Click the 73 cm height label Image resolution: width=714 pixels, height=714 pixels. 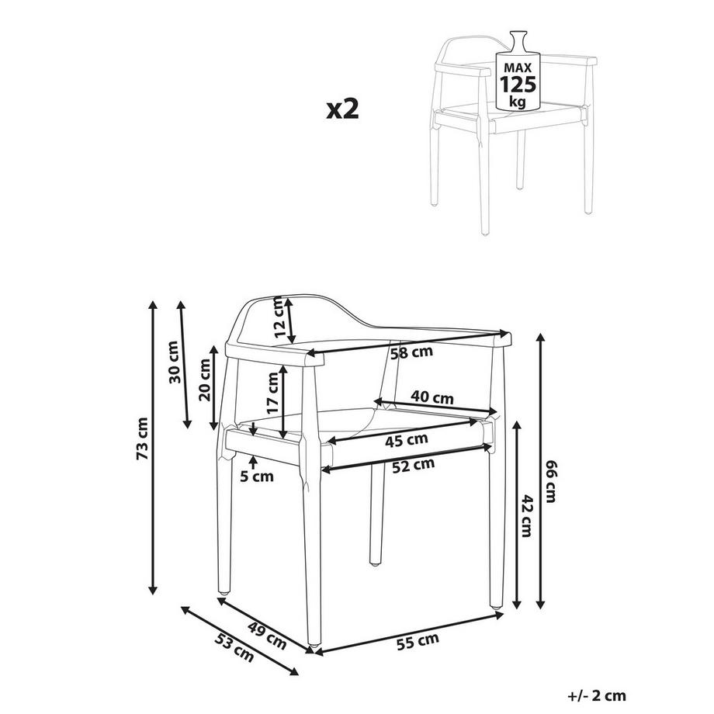tap(143, 438)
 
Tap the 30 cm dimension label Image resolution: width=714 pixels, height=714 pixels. tap(175, 362)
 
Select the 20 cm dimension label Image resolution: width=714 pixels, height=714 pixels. tap(205, 380)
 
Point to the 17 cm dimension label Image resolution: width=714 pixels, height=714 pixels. tap(272, 393)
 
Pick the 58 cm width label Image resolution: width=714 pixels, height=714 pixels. tap(412, 353)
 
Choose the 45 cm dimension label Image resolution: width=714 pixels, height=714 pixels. tap(407, 440)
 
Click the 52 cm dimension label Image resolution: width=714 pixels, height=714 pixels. tap(413, 466)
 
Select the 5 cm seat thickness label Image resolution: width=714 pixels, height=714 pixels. tap(257, 477)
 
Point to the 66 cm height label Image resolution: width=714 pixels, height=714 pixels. tap(550, 481)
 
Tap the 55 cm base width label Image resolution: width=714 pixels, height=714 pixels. tap(418, 641)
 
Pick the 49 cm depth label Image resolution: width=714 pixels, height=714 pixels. tap(267, 636)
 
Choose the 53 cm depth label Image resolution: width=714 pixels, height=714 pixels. tap(234, 647)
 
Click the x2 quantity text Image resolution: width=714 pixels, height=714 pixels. tap(342, 109)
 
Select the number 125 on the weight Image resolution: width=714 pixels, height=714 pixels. tap(518, 85)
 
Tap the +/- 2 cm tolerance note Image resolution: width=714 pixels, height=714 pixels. tap(597, 696)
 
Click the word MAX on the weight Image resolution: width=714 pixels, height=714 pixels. tap(518, 68)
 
